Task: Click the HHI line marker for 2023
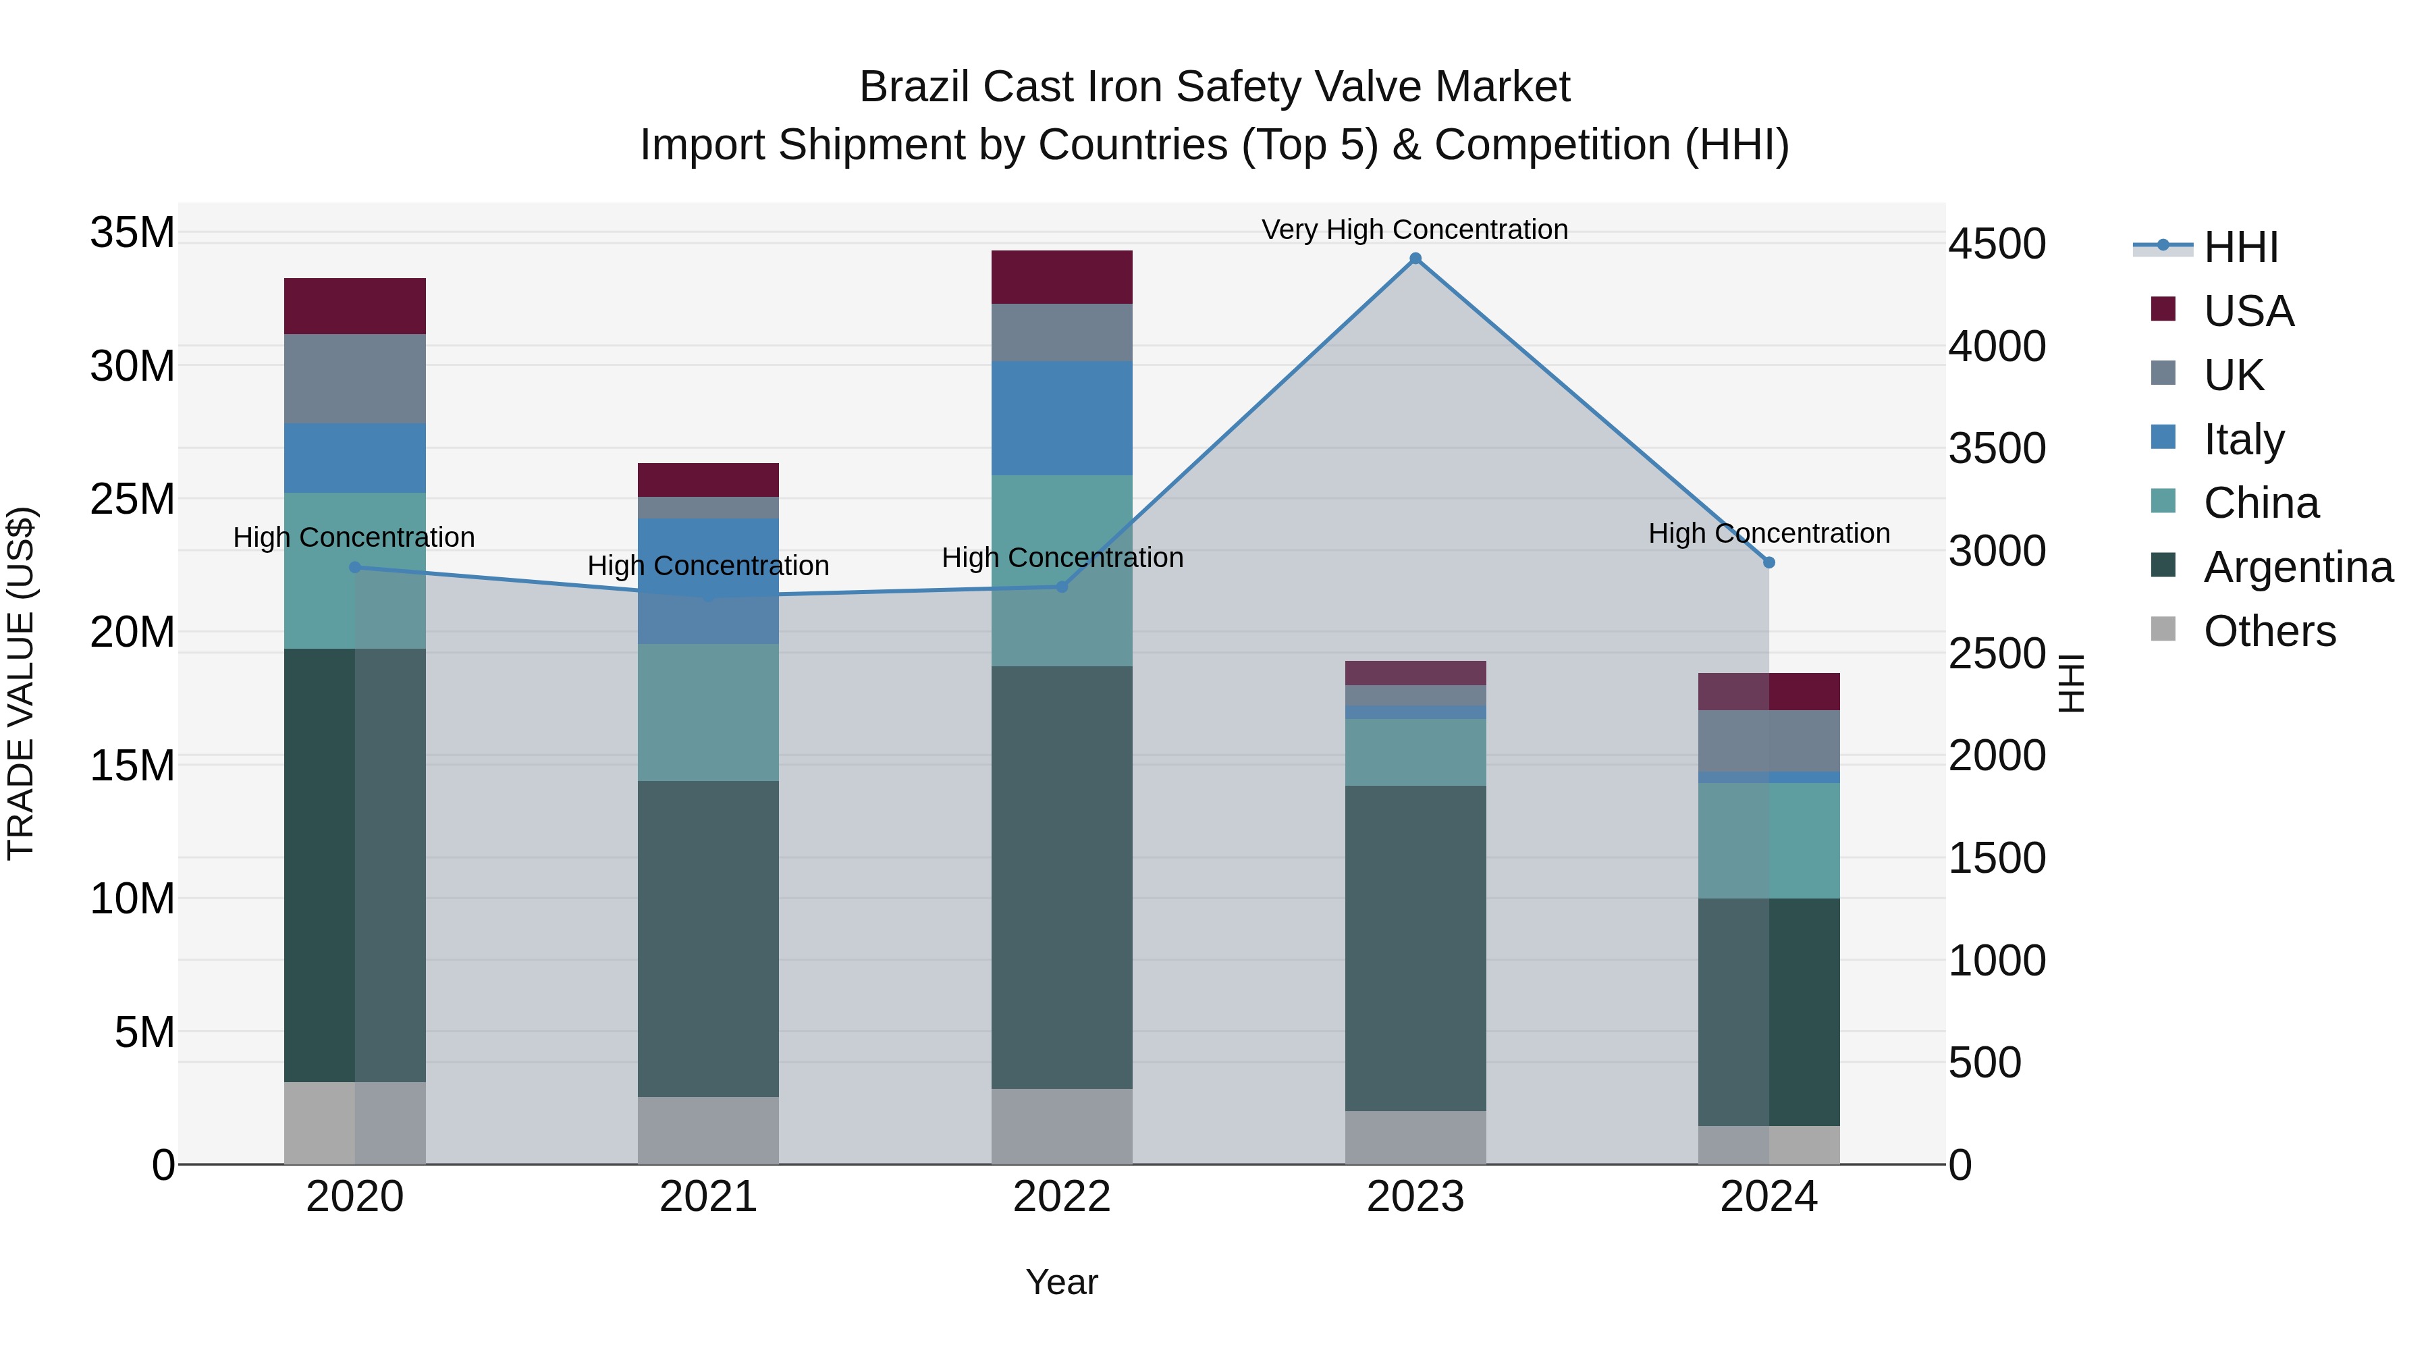1415,259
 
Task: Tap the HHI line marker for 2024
1769,562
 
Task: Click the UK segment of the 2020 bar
354,378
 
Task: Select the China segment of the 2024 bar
1769,840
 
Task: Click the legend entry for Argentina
2298,567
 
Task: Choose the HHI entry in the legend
2240,247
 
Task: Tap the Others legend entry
2269,631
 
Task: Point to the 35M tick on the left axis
132,232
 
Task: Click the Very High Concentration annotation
1414,230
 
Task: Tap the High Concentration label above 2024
1769,533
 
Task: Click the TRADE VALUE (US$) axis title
21,683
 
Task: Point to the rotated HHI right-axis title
2071,683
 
